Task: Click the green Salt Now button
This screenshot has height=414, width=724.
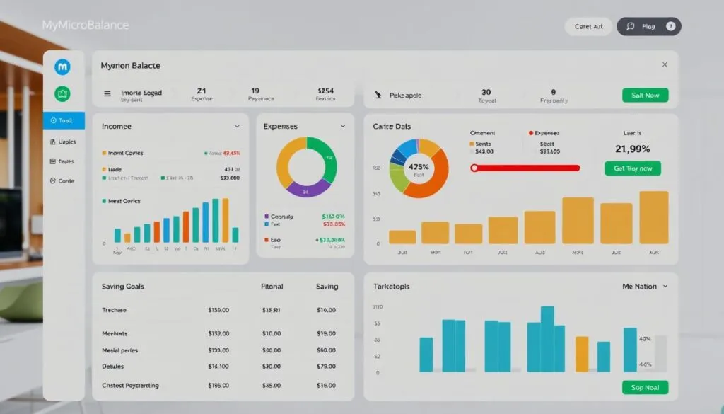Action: [645, 95]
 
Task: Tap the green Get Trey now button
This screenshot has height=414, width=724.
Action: [633, 168]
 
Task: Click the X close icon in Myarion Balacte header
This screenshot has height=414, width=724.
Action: [665, 64]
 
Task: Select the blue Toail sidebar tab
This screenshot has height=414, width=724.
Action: [64, 121]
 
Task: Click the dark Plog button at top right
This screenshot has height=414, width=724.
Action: [648, 26]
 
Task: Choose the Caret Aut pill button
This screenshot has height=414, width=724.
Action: [589, 26]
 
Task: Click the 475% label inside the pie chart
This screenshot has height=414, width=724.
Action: [419, 168]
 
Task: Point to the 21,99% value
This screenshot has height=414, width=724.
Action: [633, 149]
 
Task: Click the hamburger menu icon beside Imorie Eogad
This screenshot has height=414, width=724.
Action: [107, 93]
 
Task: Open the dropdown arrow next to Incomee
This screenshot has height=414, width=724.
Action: [237, 126]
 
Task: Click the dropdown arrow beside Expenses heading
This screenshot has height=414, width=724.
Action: [343, 126]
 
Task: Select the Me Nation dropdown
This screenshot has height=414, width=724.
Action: [644, 287]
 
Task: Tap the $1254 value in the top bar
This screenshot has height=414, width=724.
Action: [326, 91]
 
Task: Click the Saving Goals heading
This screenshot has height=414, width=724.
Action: [123, 287]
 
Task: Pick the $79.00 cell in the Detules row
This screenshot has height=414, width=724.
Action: [326, 367]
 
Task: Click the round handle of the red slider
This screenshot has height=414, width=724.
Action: [474, 168]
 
